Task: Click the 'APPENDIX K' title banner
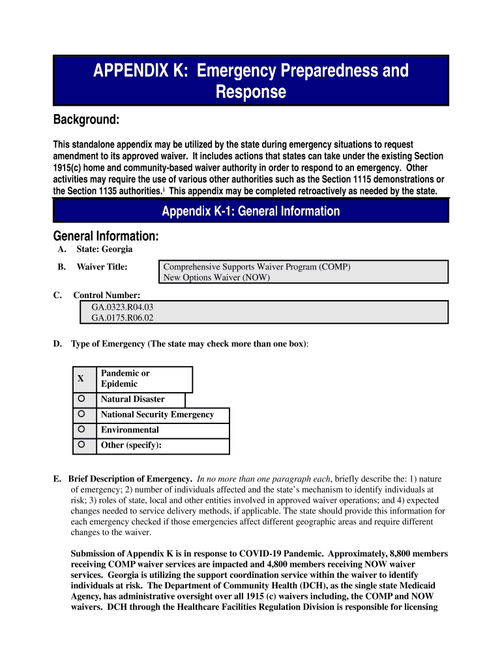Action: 250,80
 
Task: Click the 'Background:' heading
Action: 86,120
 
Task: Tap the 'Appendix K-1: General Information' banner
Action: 250,211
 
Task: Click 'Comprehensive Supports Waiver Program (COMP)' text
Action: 257,267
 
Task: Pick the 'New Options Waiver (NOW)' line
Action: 216,277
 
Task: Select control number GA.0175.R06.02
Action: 123,318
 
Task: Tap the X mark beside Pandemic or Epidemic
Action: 81,378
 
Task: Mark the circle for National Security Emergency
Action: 81,414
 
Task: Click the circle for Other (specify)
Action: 81,445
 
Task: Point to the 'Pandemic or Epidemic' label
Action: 125,378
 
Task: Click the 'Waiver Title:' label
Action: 102,267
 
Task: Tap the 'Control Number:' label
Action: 106,296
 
